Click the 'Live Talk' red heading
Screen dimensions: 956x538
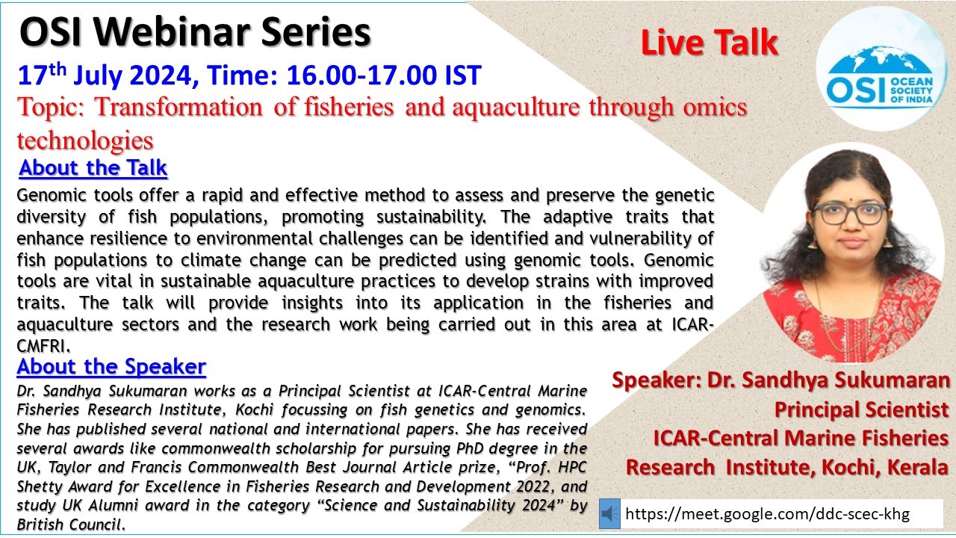point(710,43)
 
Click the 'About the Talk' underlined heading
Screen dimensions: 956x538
point(93,167)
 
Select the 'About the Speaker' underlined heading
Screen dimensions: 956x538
point(111,366)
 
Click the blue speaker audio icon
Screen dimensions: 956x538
point(609,513)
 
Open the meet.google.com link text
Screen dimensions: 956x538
point(767,513)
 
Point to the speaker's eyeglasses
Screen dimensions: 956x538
point(849,214)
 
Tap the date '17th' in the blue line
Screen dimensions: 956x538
point(42,74)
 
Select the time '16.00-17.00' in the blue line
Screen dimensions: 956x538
point(361,75)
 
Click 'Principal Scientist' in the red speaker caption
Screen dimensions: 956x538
point(861,409)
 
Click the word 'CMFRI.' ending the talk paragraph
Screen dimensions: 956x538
point(43,346)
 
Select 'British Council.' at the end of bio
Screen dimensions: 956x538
point(71,525)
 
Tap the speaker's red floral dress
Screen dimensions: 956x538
point(852,316)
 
